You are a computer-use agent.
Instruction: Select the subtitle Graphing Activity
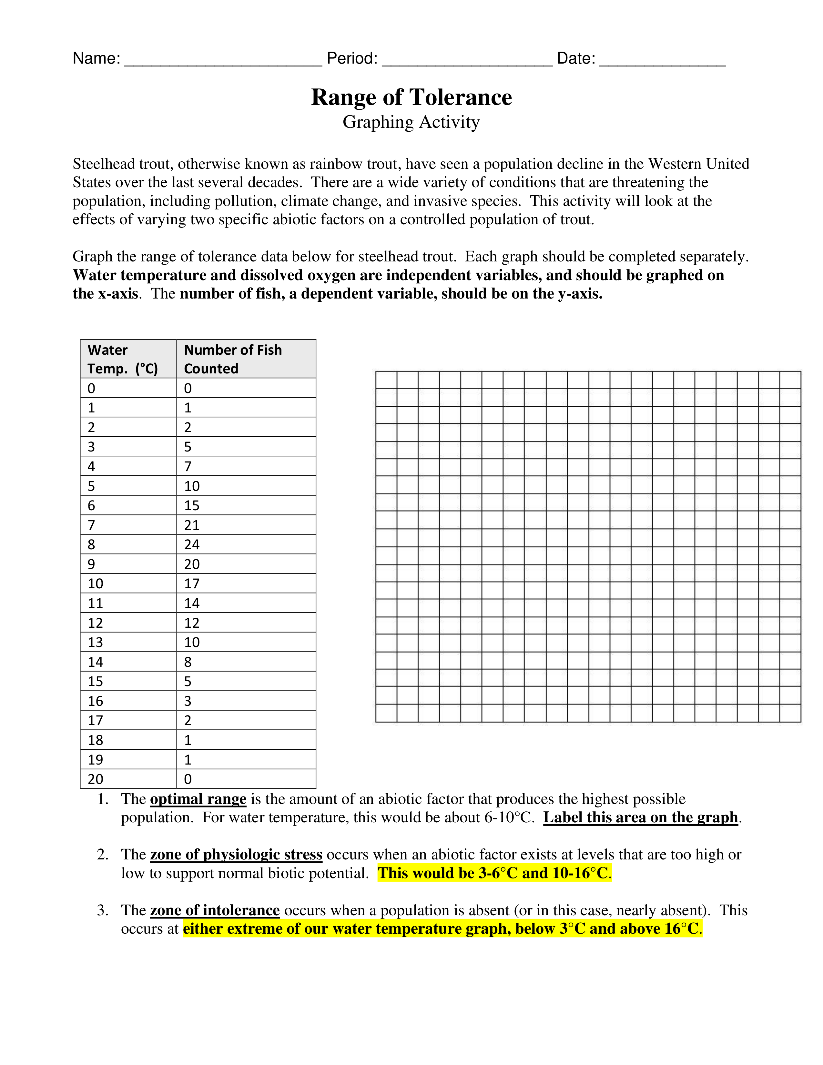[x=411, y=122]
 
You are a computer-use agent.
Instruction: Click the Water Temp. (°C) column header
[x=123, y=359]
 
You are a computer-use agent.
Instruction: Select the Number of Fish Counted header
[x=233, y=359]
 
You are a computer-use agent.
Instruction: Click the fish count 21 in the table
[x=192, y=525]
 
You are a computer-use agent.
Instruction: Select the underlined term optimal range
[x=198, y=799]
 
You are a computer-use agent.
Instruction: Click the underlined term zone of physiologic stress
[x=236, y=855]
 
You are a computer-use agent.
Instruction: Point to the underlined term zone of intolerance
[x=215, y=910]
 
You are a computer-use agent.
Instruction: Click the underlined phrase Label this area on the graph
[x=640, y=818]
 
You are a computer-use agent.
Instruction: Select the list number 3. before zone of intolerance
[x=102, y=910]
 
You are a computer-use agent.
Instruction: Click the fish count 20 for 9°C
[x=192, y=564]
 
